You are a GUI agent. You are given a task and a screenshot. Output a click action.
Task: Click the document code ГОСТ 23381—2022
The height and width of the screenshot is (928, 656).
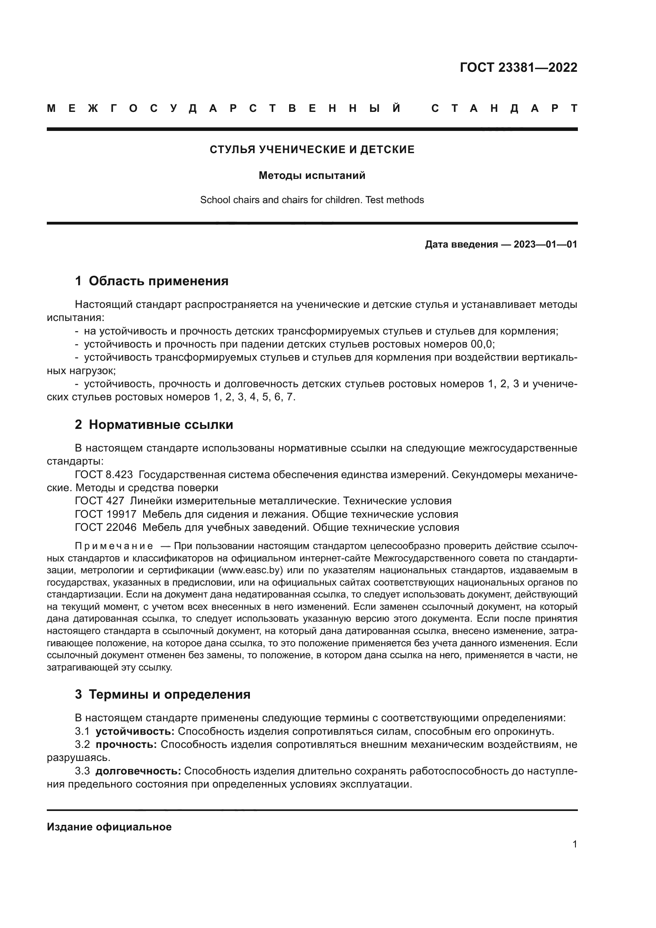pyautogui.click(x=518, y=67)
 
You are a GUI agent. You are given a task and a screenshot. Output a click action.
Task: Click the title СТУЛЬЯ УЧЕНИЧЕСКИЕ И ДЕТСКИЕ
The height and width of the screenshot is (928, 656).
pyautogui.click(x=312, y=150)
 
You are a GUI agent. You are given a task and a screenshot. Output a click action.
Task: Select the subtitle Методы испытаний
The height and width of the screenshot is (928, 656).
pyautogui.click(x=312, y=176)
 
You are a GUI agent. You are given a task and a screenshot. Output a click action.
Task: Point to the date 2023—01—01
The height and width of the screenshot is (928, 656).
pyautogui.click(x=545, y=244)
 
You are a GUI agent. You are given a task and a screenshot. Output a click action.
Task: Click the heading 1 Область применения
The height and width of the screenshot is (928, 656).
pyautogui.click(x=152, y=281)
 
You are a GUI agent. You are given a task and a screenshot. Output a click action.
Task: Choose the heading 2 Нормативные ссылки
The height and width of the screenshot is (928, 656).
pyautogui.click(x=154, y=425)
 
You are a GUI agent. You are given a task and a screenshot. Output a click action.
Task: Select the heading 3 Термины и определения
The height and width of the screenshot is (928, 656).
pyautogui.click(x=162, y=694)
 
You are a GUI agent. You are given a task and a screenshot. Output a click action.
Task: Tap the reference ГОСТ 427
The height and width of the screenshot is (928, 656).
pyautogui.click(x=100, y=501)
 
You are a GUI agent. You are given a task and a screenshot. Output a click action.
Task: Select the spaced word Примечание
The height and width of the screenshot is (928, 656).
pyautogui.click(x=114, y=546)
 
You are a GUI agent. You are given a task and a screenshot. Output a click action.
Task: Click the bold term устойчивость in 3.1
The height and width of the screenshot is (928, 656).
pyautogui.click(x=135, y=732)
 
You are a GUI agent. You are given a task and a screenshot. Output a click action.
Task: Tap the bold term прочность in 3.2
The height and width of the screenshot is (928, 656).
pyautogui.click(x=126, y=744)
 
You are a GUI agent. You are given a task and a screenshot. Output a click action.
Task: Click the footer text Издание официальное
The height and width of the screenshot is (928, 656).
pyautogui.click(x=109, y=827)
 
